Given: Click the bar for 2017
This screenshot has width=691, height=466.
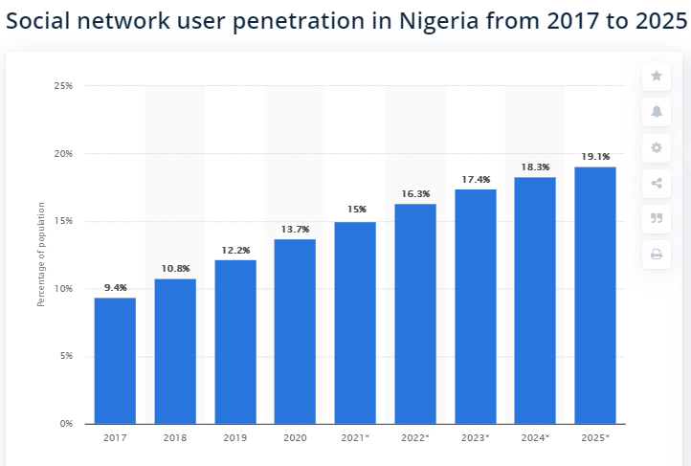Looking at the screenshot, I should coord(115,361).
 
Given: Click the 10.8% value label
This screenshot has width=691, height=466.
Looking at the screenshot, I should coord(175,269).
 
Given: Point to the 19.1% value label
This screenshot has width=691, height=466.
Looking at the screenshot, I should coord(595,157).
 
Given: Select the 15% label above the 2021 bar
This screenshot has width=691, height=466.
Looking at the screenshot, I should coord(355,211).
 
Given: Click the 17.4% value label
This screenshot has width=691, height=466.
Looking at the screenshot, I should coord(476,179).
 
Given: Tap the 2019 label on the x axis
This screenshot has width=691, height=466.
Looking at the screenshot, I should coord(235,437).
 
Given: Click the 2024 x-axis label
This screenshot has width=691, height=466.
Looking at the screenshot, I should coord(535,437).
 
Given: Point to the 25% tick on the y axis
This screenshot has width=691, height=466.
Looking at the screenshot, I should coord(64,86).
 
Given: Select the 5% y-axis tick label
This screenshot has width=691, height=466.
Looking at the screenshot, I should coord(67,356).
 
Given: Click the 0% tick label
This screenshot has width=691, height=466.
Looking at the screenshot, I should coord(67,424).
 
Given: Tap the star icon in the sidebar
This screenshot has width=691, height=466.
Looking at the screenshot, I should coord(657,76).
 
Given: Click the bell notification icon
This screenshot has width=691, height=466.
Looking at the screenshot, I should coord(657,111).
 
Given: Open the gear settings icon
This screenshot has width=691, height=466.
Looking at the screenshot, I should coord(657,147).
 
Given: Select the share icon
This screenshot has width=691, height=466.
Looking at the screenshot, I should coord(657,183).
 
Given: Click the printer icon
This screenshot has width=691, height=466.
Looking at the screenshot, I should coord(657,254).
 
